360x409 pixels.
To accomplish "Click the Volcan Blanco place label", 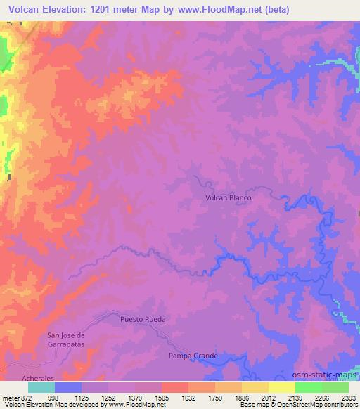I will pyautogui.click(x=228, y=198).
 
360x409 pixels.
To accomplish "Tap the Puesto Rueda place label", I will pyautogui.click(x=143, y=319).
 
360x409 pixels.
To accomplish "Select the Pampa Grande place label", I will pyautogui.click(x=193, y=356).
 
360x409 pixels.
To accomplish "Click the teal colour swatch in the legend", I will pyautogui.click(x=41, y=387).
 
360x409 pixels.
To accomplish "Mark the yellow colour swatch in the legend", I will pyautogui.click(x=282, y=387).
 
